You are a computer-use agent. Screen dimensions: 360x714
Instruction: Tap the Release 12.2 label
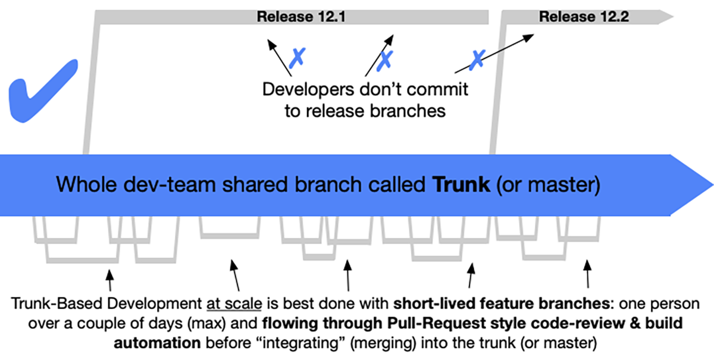coord(575,17)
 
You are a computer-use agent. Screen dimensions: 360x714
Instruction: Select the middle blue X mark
coord(386,58)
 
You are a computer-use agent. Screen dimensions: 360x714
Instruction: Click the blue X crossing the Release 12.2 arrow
coord(477,58)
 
